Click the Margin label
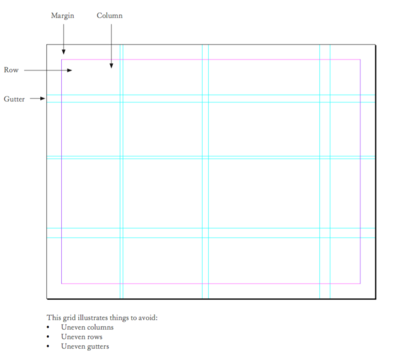click(x=62, y=16)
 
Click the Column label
click(x=109, y=16)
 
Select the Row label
click(x=11, y=70)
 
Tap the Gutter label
click(x=14, y=99)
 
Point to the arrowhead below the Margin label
click(x=63, y=52)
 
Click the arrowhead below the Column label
click(x=111, y=65)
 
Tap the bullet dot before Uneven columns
click(x=48, y=328)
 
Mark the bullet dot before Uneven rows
click(x=48, y=337)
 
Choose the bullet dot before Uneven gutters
click(x=48, y=347)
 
